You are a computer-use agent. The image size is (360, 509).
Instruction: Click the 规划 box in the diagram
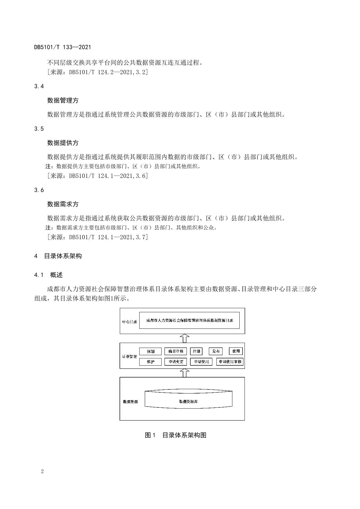[x=150, y=351]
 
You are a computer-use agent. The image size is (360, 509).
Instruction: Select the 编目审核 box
[x=176, y=351]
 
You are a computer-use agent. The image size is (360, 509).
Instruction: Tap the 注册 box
[x=196, y=351]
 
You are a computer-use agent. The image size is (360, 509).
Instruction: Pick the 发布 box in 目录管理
[x=216, y=351]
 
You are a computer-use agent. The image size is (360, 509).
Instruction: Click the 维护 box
[x=150, y=362]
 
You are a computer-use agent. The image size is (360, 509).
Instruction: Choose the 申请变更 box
[x=176, y=362]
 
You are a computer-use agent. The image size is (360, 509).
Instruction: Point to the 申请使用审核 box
[x=230, y=362]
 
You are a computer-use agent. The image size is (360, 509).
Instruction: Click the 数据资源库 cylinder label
[x=188, y=402]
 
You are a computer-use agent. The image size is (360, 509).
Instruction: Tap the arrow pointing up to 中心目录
[x=184, y=338]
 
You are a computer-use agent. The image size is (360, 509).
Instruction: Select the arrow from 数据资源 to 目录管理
[x=184, y=373]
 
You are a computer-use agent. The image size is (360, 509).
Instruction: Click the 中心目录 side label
[x=129, y=322]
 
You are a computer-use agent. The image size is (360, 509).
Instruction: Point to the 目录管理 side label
[x=129, y=356]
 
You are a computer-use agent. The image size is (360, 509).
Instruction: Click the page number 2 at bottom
[x=42, y=471]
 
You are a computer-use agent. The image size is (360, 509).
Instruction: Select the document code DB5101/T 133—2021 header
[x=63, y=47]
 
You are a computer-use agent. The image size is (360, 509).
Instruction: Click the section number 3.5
[x=39, y=129]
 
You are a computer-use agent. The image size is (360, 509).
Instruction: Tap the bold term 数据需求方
[x=63, y=204]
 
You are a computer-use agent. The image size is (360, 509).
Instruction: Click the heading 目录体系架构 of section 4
[x=63, y=256]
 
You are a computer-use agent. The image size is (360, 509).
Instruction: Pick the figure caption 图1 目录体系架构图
[x=176, y=435]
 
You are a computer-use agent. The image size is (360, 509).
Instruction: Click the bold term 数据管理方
[x=63, y=100]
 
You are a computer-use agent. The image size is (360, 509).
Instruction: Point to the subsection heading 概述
[x=56, y=275]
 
